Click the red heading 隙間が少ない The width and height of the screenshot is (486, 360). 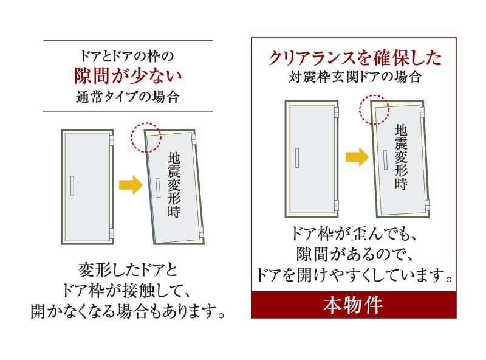click(128, 76)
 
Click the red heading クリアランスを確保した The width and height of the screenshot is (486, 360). click(355, 58)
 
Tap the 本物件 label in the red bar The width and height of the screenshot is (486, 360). click(353, 305)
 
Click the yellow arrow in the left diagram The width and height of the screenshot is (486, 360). click(131, 185)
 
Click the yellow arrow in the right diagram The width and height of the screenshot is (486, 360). click(357, 157)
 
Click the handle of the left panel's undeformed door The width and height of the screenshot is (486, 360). click(72, 185)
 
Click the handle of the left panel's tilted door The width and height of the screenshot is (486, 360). click(158, 187)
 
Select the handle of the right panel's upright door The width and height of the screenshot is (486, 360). click(297, 158)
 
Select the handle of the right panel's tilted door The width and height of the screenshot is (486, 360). click(385, 159)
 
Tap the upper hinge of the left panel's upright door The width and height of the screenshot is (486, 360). click(112, 140)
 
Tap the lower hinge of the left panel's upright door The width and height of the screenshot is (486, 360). click(112, 234)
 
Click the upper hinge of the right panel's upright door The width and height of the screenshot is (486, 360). click(337, 112)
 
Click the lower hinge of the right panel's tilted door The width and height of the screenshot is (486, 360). click(427, 205)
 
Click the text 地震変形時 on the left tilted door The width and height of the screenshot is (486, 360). click(174, 185)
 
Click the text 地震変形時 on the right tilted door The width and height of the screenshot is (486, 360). click(401, 157)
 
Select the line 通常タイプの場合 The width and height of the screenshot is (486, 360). click(128, 97)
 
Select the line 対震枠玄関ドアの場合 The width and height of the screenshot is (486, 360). click(355, 77)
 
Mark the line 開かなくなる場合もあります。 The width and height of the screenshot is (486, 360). click(128, 311)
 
